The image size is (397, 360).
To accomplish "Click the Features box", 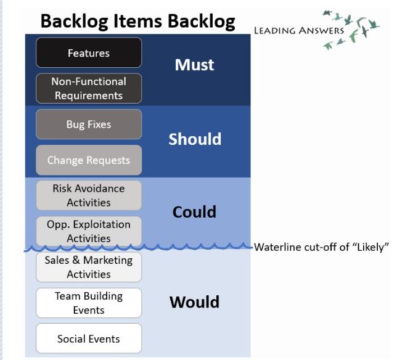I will click(x=89, y=53).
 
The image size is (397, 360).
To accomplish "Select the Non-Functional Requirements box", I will click(x=89, y=89).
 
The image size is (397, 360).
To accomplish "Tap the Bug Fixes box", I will click(x=89, y=125).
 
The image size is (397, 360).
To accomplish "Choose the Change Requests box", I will click(x=89, y=160).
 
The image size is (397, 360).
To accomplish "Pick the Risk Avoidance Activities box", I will click(x=89, y=195).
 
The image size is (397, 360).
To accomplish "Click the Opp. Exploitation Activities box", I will click(x=89, y=231).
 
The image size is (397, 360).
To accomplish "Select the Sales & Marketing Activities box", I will click(x=89, y=267).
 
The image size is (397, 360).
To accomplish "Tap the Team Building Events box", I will click(x=89, y=303).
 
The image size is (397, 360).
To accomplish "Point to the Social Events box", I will click(x=89, y=338).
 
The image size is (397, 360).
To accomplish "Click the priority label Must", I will click(x=195, y=65).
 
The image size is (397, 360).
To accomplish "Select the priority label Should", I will click(x=195, y=139).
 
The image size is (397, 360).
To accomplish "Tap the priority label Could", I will click(x=195, y=212).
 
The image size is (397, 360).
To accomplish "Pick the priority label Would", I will click(x=195, y=302).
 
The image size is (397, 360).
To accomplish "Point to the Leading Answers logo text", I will click(x=299, y=31).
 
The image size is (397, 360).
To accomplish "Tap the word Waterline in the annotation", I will click(x=277, y=247).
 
